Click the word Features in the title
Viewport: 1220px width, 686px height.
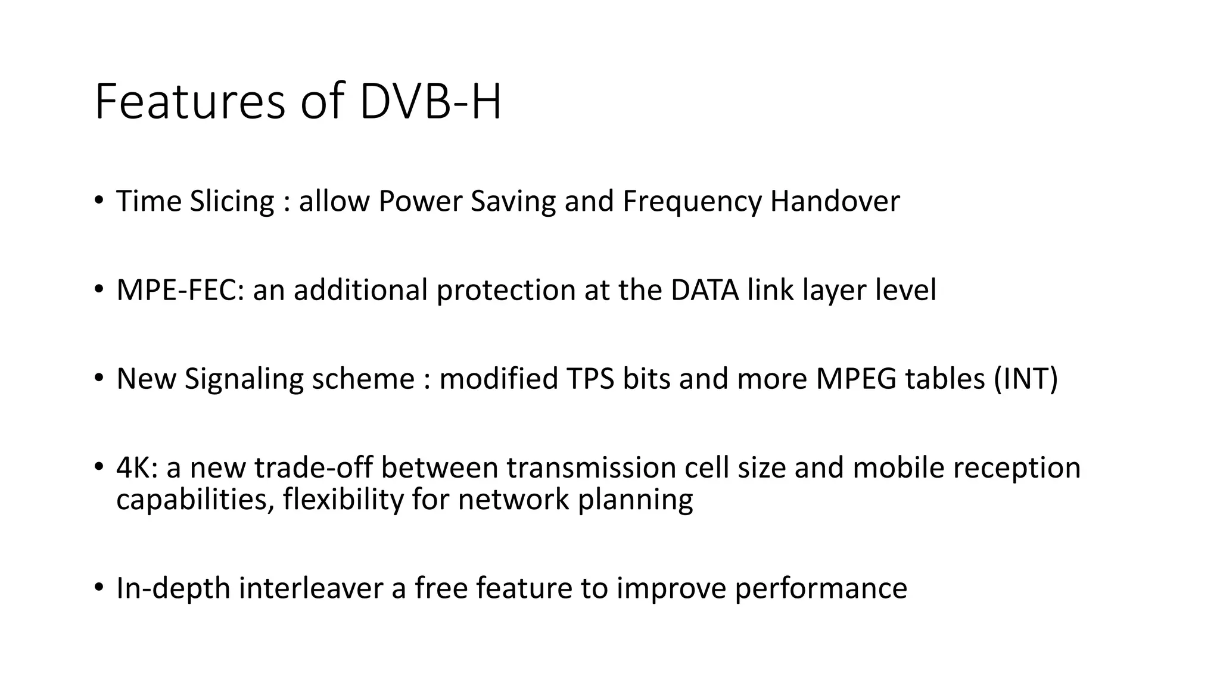pos(189,102)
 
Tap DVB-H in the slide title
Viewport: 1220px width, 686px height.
pos(431,102)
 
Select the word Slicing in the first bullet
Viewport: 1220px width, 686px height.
pos(232,201)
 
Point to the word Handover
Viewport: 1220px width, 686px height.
pos(835,201)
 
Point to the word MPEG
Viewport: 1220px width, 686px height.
pos(855,379)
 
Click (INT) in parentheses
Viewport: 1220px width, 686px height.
pos(1026,379)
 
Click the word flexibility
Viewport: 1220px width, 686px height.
pos(343,499)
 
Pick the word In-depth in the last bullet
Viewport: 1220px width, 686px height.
pos(173,588)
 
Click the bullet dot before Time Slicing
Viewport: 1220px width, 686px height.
pos(98,199)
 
